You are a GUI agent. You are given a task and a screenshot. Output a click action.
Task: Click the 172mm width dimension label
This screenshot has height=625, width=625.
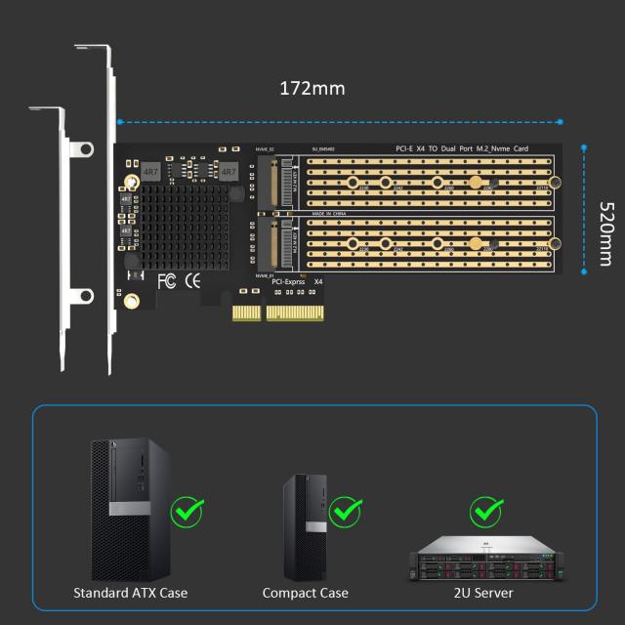pyautogui.click(x=312, y=88)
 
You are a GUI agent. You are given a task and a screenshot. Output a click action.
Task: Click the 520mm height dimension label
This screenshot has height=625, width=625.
pyautogui.click(x=605, y=236)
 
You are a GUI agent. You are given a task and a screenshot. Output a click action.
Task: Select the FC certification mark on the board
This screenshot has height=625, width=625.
pyautogui.click(x=166, y=281)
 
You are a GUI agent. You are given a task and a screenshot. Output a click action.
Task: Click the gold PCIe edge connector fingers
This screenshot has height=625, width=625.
pyautogui.click(x=279, y=313)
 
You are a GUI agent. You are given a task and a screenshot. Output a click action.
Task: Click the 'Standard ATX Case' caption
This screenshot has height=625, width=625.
pyautogui.click(x=130, y=593)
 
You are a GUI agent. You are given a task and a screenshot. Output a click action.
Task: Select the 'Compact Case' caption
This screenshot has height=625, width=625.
pyautogui.click(x=305, y=593)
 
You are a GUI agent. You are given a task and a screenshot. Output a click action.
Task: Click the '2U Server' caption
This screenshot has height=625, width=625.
pyautogui.click(x=485, y=593)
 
